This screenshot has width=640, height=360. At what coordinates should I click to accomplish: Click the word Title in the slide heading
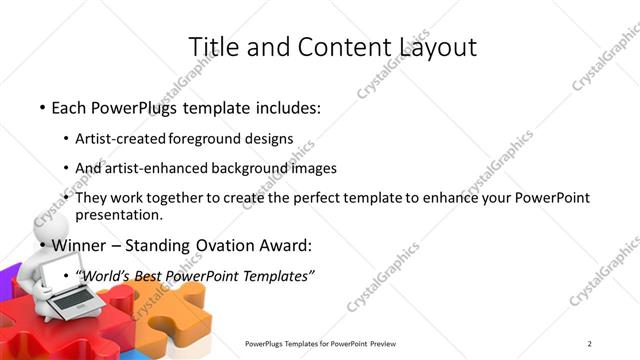213,47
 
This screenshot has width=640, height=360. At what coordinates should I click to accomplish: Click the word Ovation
232,245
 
